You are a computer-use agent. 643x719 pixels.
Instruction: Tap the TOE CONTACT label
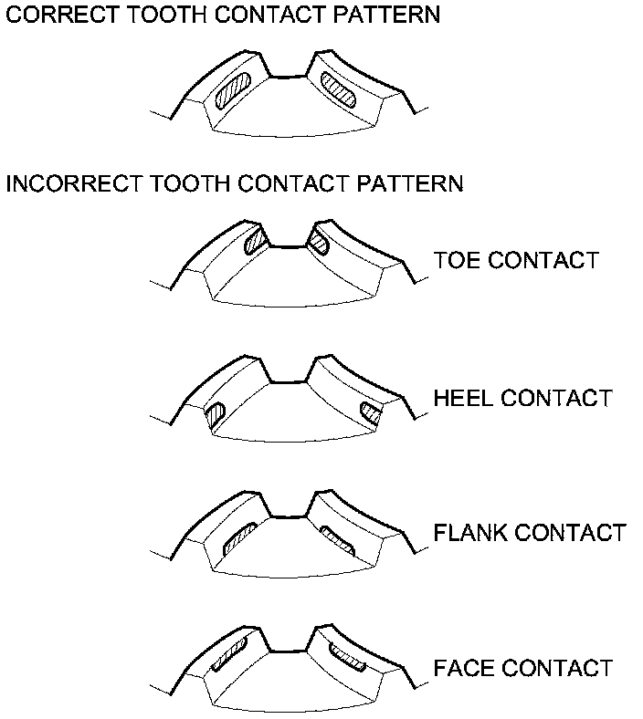point(515,260)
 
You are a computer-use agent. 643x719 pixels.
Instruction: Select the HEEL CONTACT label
point(522,399)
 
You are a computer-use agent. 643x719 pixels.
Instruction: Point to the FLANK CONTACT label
point(530,532)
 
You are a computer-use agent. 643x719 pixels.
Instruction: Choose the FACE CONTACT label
point(522,668)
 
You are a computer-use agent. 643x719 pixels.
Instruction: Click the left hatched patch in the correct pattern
point(233,93)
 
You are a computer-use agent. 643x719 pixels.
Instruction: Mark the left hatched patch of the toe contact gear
point(255,240)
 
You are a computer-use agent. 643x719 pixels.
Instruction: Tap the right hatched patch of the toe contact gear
point(319,240)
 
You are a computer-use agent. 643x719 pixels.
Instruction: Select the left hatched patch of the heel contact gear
point(216,415)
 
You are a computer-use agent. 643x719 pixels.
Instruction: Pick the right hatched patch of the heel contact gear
point(371,413)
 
